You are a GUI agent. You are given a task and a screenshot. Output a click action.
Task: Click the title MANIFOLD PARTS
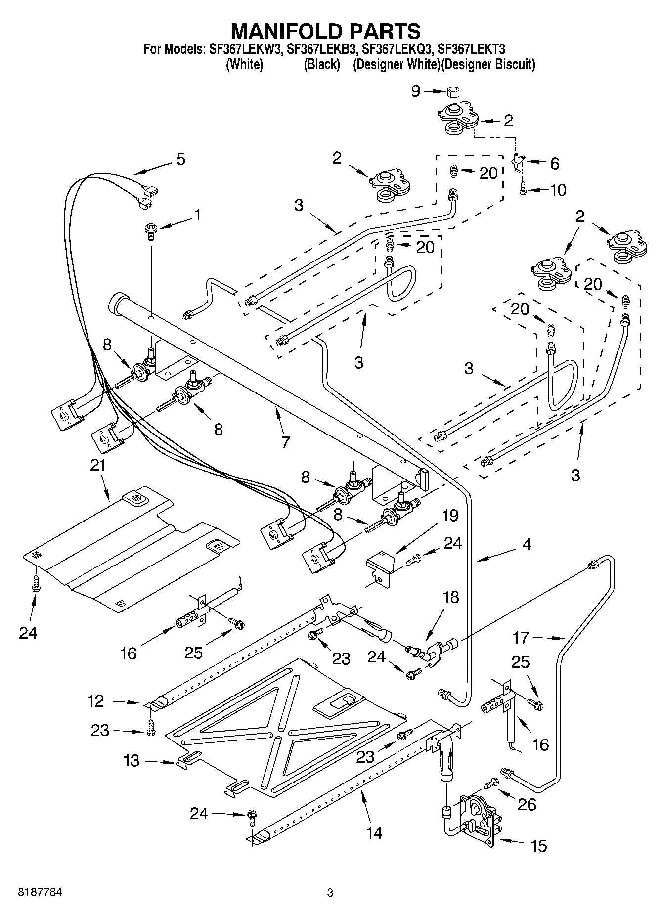(x=326, y=31)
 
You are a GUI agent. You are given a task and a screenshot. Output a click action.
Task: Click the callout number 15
(x=538, y=846)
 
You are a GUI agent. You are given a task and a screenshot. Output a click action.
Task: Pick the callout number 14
(x=374, y=833)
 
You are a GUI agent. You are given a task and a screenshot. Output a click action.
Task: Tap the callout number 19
(x=450, y=516)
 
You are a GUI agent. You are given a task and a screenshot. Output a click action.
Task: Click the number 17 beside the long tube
(x=521, y=638)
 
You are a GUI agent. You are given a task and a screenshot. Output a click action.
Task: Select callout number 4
(x=527, y=545)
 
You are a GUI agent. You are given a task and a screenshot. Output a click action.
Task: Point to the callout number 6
(x=554, y=163)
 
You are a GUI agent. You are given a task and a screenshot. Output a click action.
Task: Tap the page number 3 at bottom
(x=330, y=893)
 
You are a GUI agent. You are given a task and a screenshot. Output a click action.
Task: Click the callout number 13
(x=132, y=760)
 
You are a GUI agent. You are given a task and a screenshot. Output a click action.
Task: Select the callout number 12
(x=96, y=700)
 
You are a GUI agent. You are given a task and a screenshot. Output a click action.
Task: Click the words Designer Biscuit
(x=488, y=64)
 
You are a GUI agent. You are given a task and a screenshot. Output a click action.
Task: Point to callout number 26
(x=527, y=804)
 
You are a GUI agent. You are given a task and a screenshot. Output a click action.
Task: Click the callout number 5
(x=180, y=160)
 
